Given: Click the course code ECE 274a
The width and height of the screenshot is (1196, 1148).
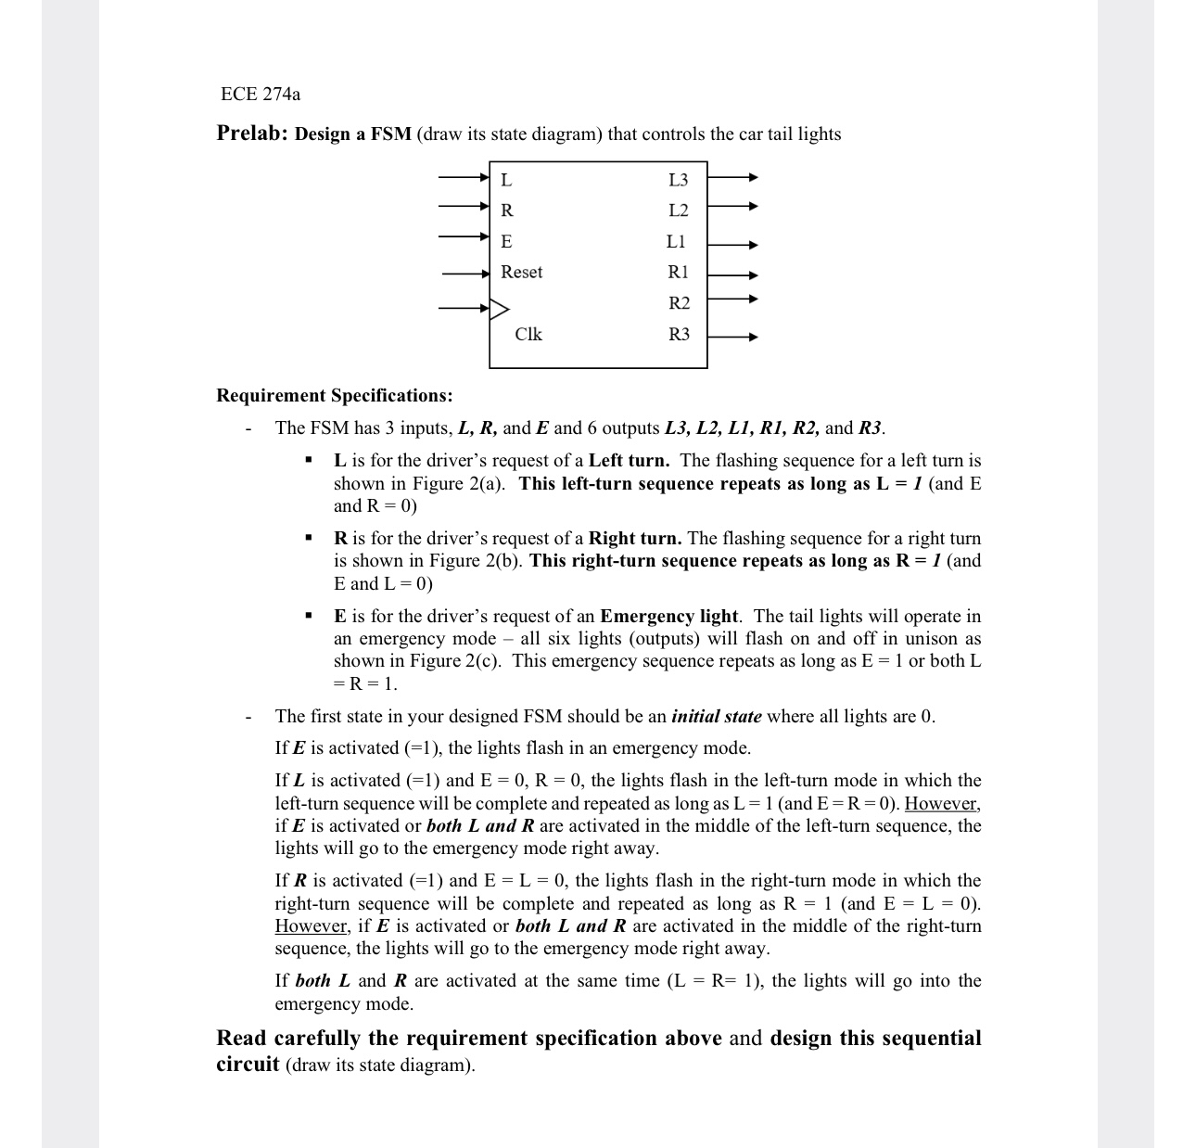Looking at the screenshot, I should (261, 94).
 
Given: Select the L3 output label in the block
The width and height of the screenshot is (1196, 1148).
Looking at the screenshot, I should (678, 179).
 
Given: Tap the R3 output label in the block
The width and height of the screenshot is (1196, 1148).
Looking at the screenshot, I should (679, 334).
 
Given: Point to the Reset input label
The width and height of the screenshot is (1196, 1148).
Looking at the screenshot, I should (521, 272).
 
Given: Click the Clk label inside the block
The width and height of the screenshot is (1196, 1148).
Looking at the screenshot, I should (528, 334).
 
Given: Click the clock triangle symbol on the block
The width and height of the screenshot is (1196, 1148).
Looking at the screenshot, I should (499, 308).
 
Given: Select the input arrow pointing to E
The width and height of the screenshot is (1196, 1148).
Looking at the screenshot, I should (464, 236).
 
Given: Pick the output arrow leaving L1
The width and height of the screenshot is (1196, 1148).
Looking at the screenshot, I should (732, 246).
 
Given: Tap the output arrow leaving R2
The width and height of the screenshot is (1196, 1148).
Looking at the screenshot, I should (732, 300).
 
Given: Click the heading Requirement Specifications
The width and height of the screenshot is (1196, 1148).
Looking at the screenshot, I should (334, 396).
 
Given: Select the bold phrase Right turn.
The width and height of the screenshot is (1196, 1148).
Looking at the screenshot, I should (635, 539).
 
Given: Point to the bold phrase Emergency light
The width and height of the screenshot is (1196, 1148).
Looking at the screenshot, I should (669, 617).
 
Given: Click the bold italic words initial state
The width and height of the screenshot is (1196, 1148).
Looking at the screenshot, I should (716, 717).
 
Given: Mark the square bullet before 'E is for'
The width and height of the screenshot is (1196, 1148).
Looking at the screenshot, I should (308, 617).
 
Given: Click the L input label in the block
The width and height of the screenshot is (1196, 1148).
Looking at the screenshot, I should (506, 179).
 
